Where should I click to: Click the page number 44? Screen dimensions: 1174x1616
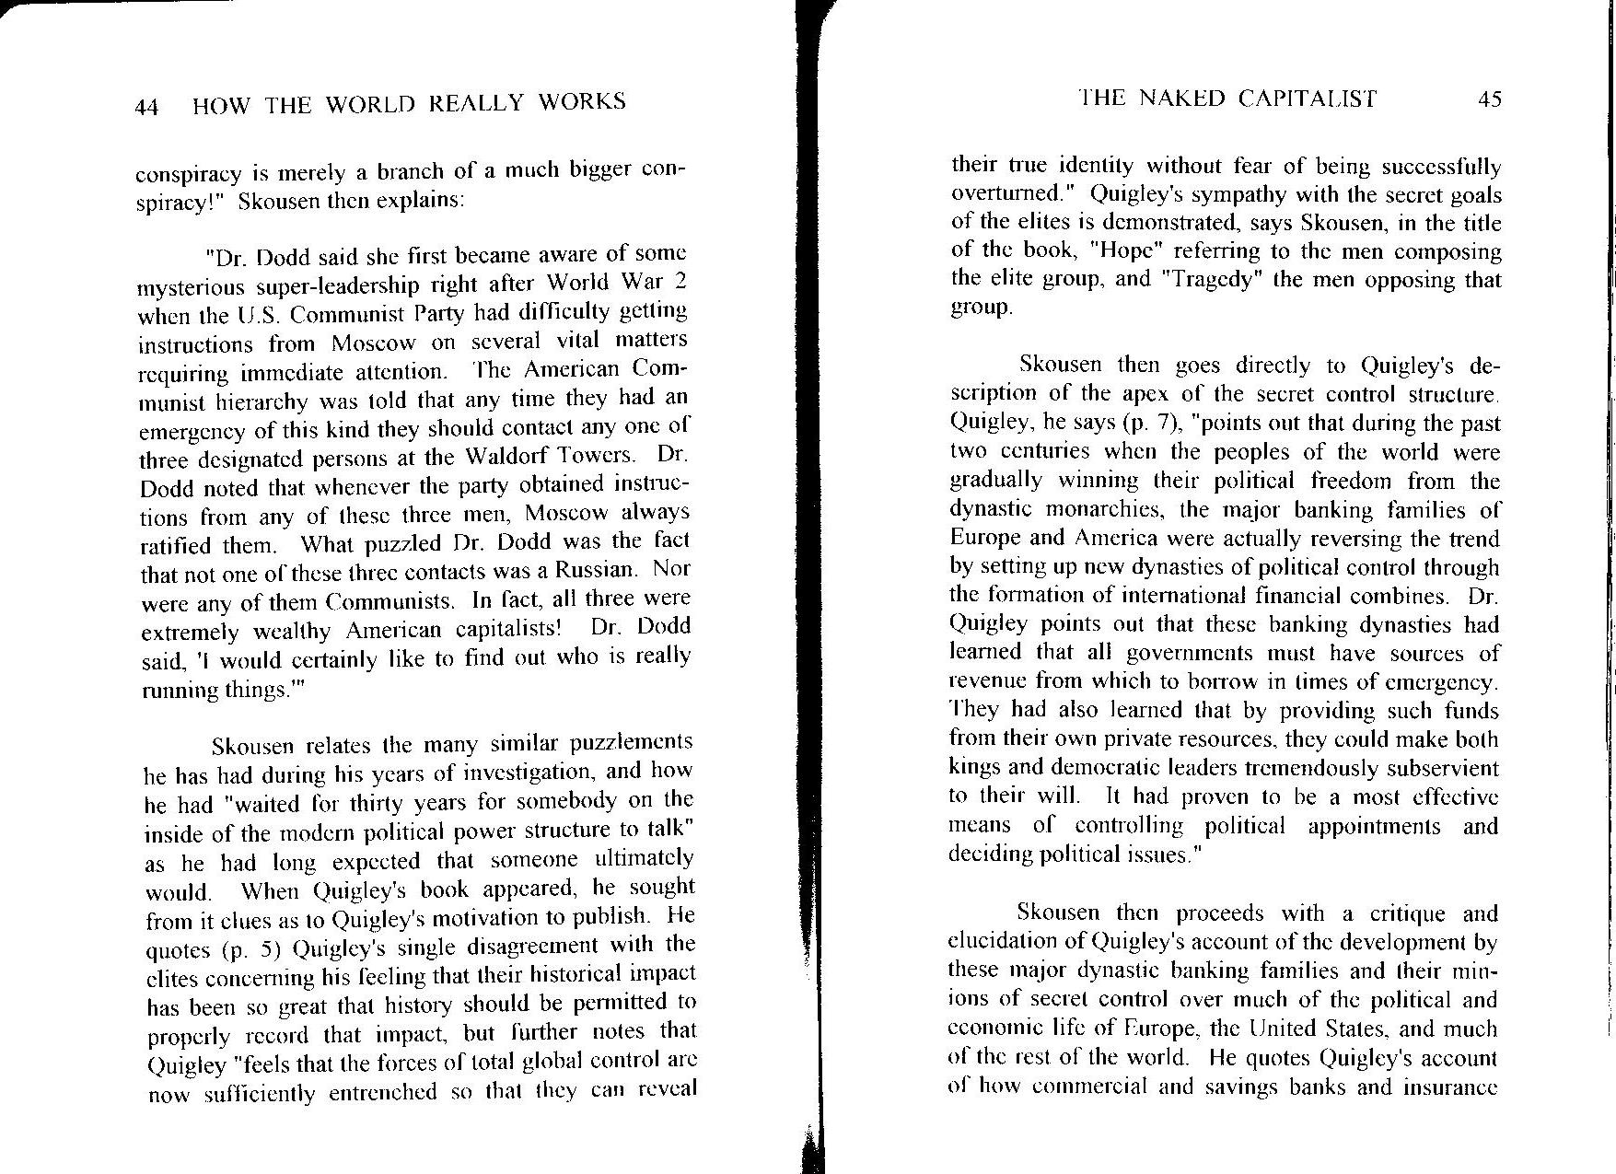coord(147,107)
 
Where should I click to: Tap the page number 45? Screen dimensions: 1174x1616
coord(1489,99)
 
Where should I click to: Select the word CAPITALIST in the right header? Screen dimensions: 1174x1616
coord(1308,99)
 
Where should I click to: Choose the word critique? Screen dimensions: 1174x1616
coord(1410,913)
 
